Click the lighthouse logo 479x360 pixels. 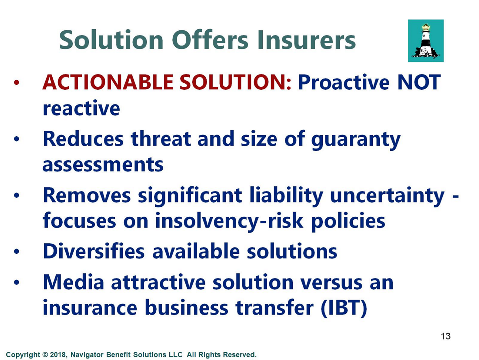click(426, 41)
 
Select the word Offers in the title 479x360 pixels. click(210, 40)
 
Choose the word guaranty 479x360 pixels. click(356, 140)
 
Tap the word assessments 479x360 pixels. click(103, 164)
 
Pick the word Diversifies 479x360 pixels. click(94, 251)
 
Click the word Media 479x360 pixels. click(73, 282)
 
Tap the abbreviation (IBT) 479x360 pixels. click(344, 308)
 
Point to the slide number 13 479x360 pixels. click(446, 336)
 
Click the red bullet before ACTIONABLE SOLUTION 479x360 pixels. click(16, 83)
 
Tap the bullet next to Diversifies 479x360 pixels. click(16, 251)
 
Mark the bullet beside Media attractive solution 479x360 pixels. click(16, 282)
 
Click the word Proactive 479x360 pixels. click(343, 82)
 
